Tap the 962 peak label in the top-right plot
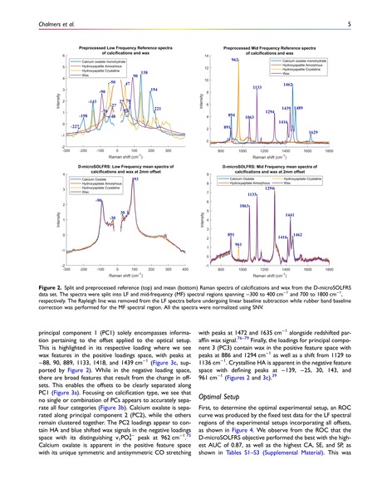tap(236, 61)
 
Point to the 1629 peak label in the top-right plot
tap(313, 133)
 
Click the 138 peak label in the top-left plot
tap(144, 75)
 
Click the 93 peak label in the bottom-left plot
tap(135, 192)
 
